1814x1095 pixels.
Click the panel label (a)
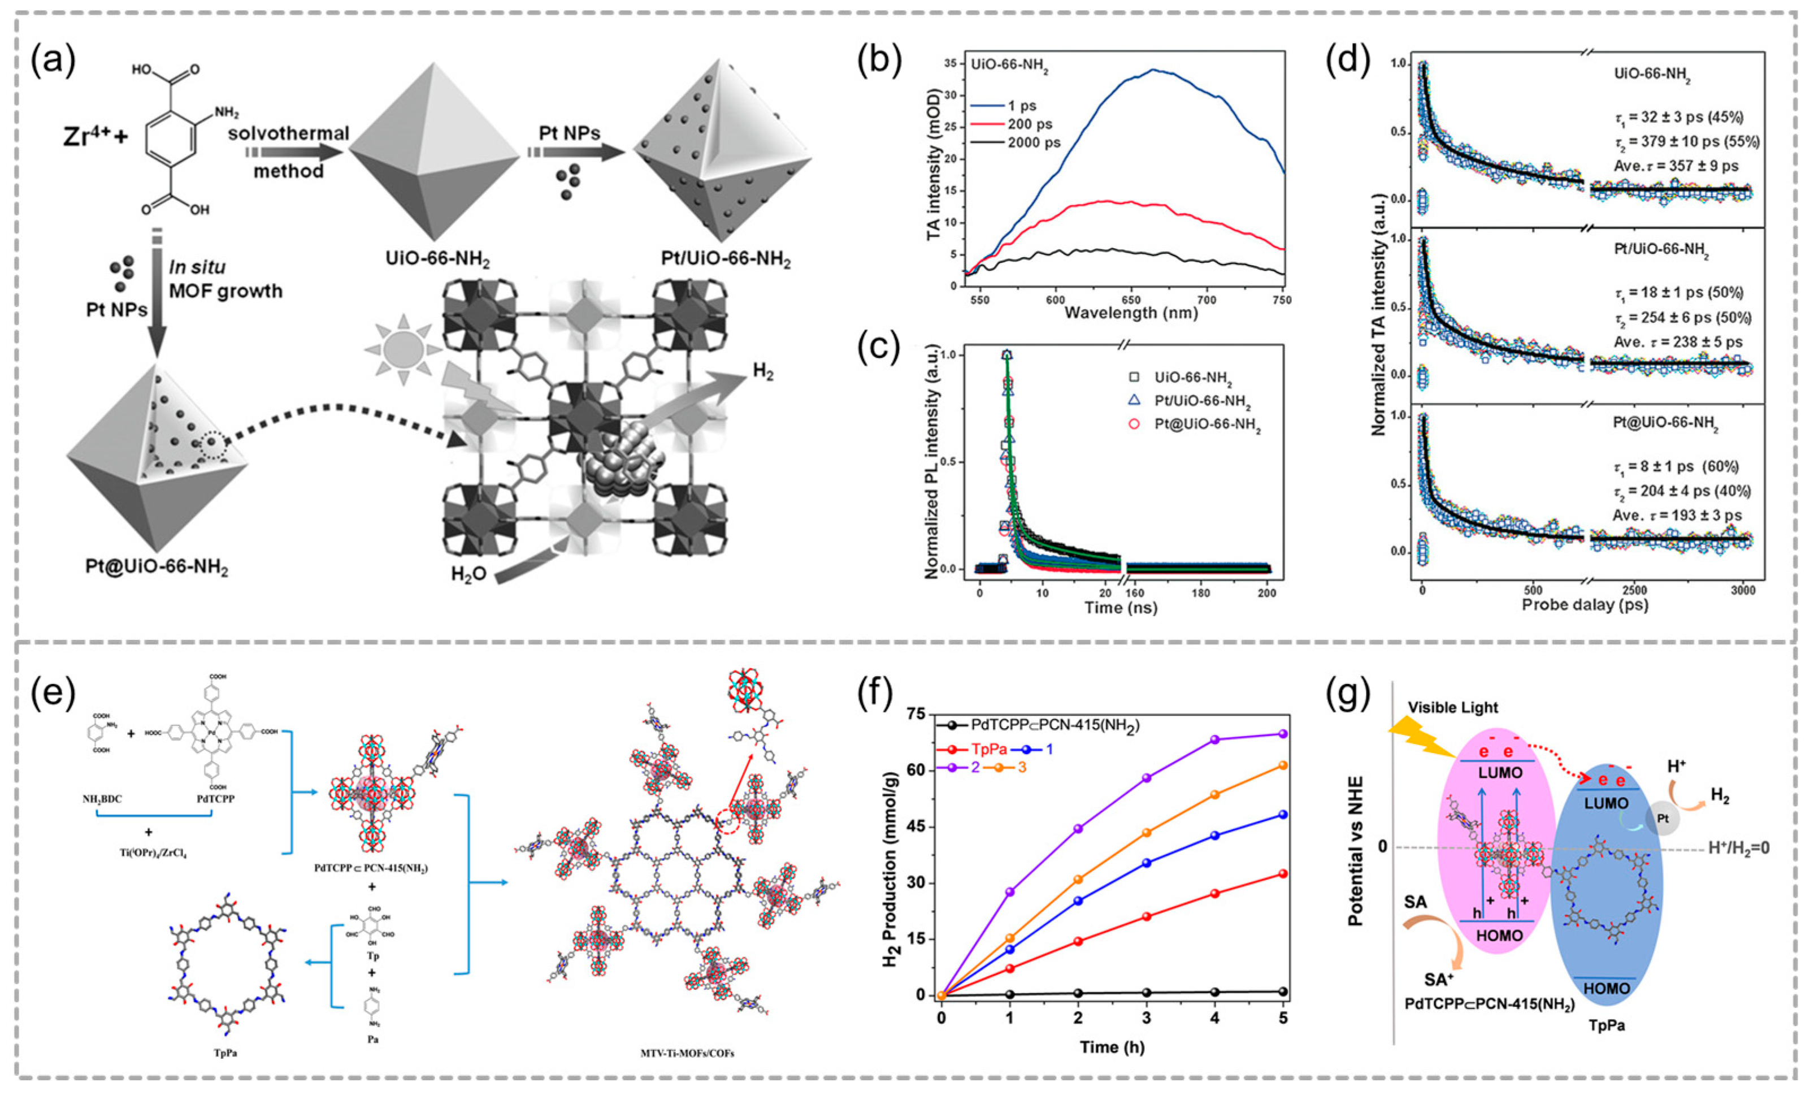(53, 60)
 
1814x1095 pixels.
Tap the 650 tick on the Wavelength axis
(1131, 300)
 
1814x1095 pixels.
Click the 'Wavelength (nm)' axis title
(1131, 314)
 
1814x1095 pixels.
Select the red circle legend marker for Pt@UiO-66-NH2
(1134, 424)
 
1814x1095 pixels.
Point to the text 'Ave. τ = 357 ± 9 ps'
(1676, 166)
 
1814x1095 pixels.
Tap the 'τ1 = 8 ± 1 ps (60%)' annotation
(1676, 467)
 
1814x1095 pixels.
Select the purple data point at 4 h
(1215, 739)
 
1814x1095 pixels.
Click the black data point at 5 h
(1283, 991)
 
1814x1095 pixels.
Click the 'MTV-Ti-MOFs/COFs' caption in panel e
(687, 1054)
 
